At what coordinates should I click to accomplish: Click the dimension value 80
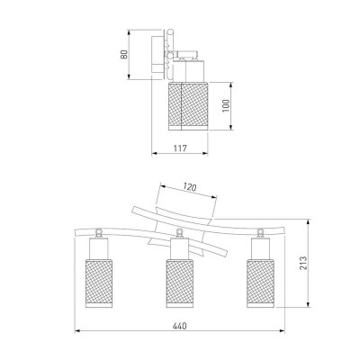coord(124,54)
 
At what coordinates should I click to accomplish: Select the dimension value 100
coord(226,105)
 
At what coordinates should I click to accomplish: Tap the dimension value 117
coord(180,148)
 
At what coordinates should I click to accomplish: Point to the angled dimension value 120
coord(190,187)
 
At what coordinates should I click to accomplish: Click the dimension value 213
coord(303,263)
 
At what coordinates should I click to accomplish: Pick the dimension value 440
coord(180,326)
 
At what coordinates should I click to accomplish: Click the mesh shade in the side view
coord(188,105)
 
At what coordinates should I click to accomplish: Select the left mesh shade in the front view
coord(99,283)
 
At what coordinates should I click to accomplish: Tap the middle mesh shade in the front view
coord(180,283)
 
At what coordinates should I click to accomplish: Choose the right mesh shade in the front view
coord(260,283)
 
